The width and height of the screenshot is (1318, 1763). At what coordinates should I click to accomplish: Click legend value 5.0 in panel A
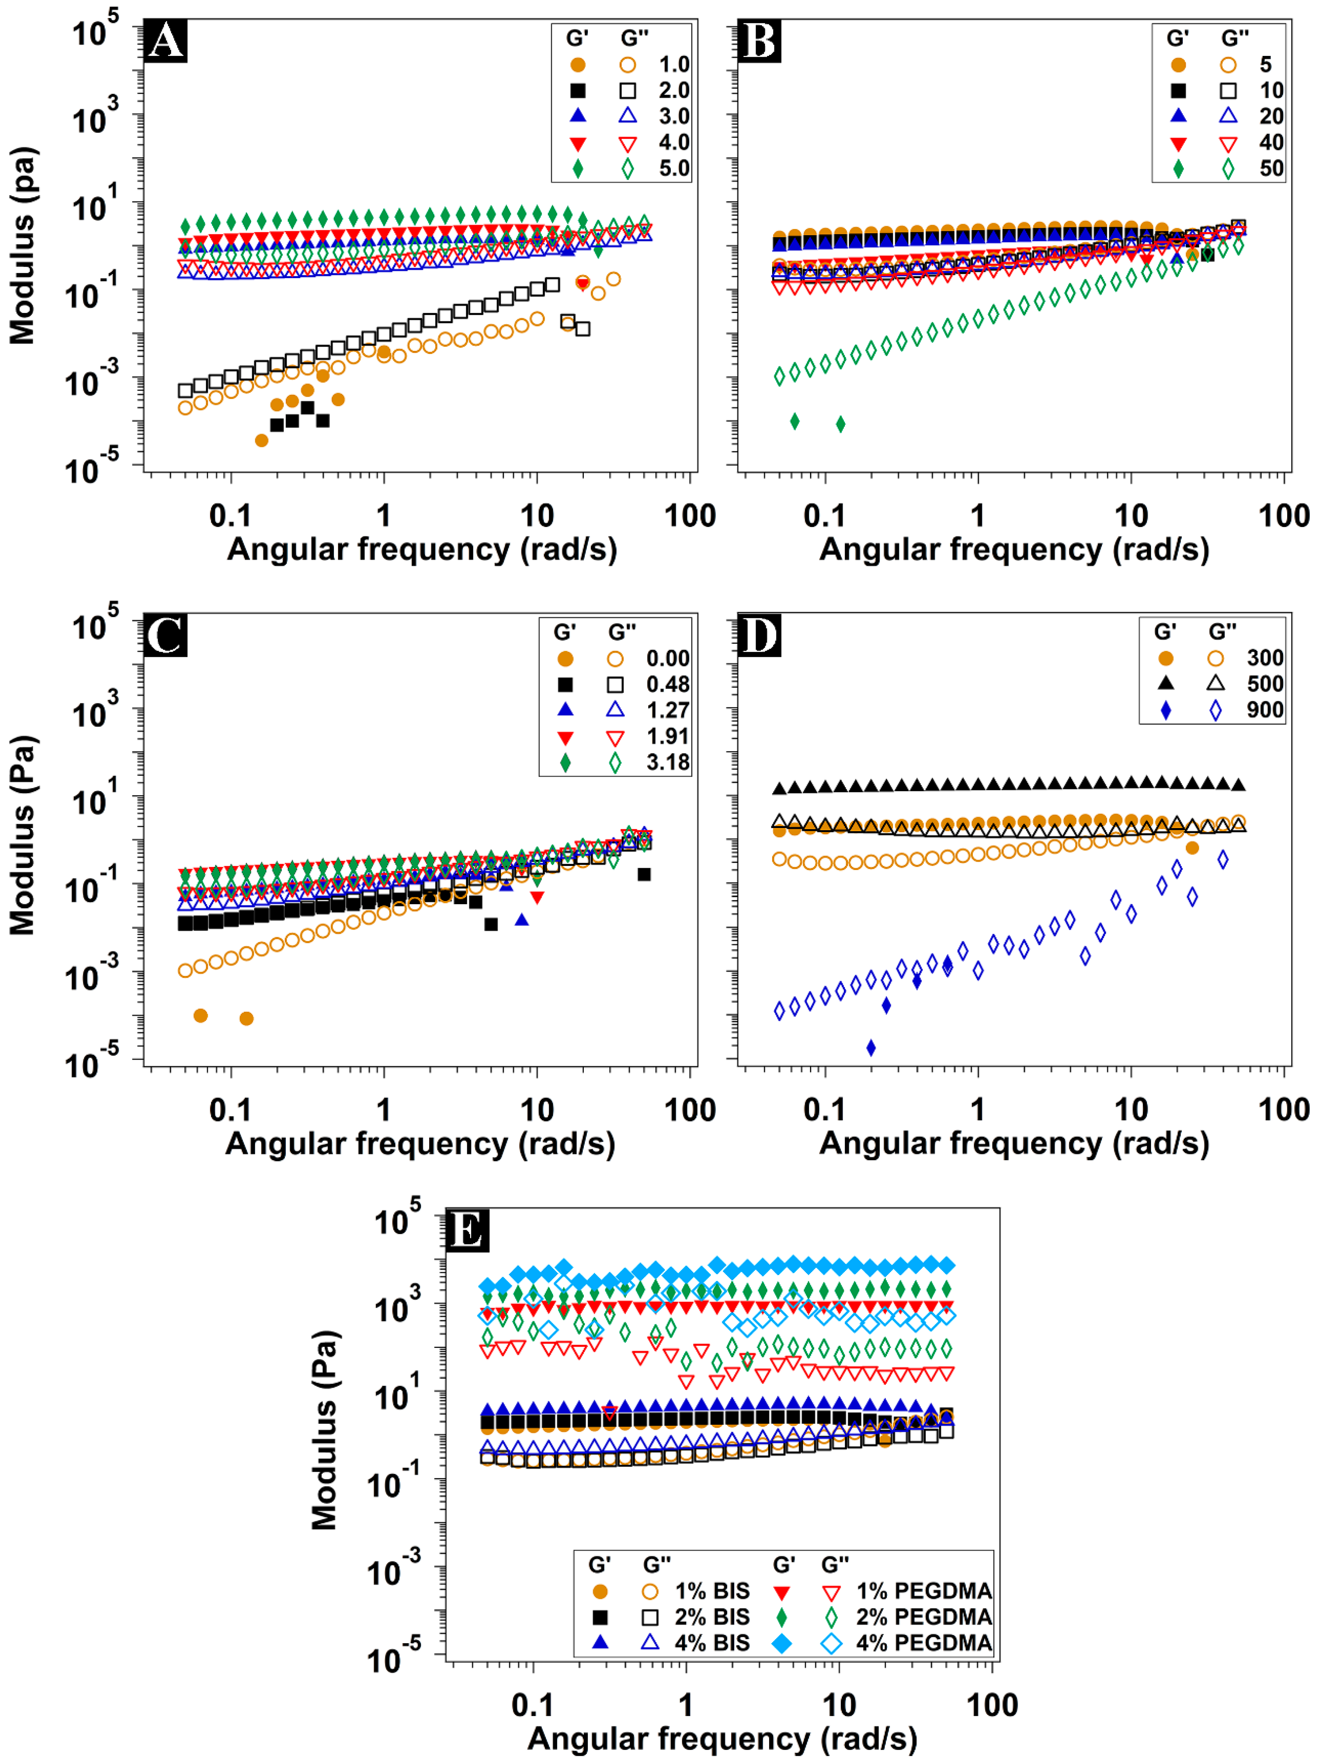pos(673,168)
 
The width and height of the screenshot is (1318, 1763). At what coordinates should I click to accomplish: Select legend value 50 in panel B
pos(1271,168)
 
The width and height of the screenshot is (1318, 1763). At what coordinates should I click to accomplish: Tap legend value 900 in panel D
pos(1265,709)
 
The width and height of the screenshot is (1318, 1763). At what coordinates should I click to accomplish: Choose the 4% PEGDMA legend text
pos(924,1643)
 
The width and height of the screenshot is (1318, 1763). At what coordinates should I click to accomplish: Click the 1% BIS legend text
pos(712,1591)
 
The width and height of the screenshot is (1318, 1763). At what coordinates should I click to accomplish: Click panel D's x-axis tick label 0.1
pos(824,1110)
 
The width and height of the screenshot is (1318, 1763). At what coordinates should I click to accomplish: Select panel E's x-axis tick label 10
pos(838,1705)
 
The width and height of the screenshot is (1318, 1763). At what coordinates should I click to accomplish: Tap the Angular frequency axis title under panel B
pos(1014,549)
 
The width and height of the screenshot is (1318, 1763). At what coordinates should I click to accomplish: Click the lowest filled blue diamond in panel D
pos(871,1047)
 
